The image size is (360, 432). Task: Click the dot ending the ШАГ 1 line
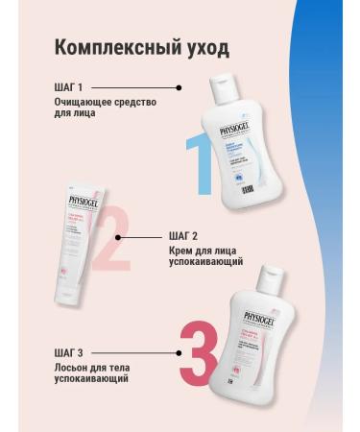coord(180,87)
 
